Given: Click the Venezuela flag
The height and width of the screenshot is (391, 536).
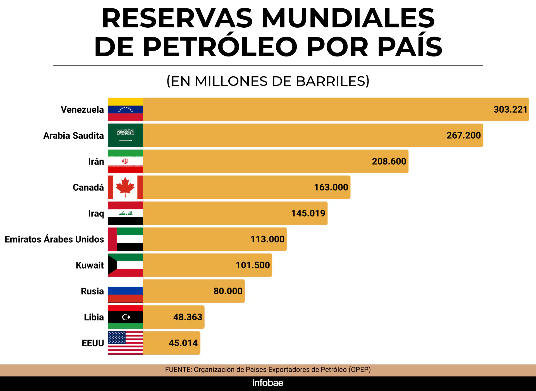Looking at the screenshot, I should [x=125, y=109].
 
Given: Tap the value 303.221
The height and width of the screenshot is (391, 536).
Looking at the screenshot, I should [x=510, y=109].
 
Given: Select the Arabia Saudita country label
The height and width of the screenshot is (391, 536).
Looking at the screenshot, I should [x=73, y=136].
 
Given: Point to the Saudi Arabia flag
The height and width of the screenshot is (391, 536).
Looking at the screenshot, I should [x=125, y=135].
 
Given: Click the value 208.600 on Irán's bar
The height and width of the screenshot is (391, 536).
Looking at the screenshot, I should [x=389, y=161].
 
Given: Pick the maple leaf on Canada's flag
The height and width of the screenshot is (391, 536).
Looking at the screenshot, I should [x=125, y=187].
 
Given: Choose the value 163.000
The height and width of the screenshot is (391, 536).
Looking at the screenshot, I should [x=331, y=187].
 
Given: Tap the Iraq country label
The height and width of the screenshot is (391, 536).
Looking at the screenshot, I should [x=96, y=214].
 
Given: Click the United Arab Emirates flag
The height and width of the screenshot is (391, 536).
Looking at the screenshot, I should [x=125, y=239].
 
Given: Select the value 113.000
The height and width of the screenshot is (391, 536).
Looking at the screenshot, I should [x=267, y=239].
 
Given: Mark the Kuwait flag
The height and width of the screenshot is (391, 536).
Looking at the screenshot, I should [x=125, y=265].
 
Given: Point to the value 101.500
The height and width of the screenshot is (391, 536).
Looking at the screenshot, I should [x=253, y=265].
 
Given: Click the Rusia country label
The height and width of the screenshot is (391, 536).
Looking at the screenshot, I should [x=92, y=291].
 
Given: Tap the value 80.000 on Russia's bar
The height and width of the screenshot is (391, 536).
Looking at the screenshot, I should [x=228, y=291].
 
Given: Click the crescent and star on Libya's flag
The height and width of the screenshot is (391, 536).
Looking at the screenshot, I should [x=126, y=317].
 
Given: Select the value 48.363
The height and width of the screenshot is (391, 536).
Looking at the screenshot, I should [x=188, y=317].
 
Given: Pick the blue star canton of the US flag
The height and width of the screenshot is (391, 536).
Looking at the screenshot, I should [x=117, y=337].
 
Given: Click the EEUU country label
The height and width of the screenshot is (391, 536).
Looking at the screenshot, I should [x=93, y=343].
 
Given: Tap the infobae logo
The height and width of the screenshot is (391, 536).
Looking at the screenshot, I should [x=268, y=383].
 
